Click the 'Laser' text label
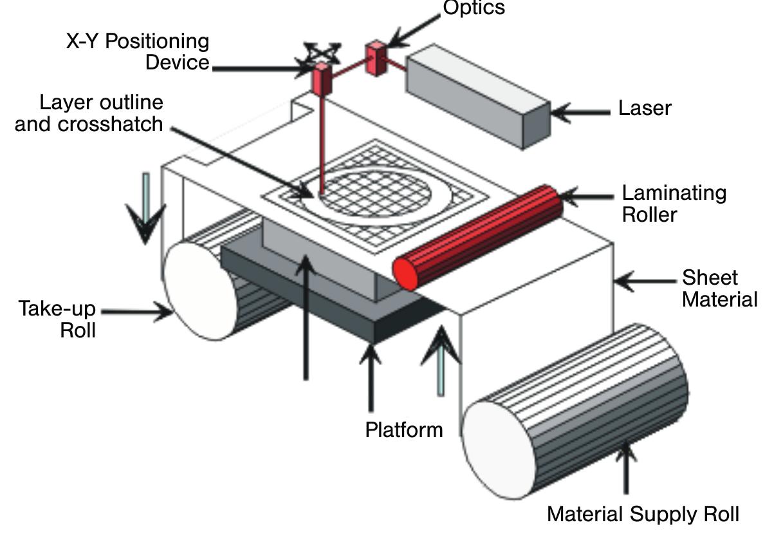coord(644,108)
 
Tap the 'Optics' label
coord(474,8)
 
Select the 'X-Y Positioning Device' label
coord(138,51)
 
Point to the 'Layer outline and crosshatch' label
coord(89,112)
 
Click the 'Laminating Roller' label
coord(673,203)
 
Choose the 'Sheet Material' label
coord(719,289)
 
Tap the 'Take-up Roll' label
coord(57,319)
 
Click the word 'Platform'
coord(404,429)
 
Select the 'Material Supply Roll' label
coord(642,514)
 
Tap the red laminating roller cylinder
coord(483,234)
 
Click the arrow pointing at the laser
coord(579,112)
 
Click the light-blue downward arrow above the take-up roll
coord(147,206)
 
